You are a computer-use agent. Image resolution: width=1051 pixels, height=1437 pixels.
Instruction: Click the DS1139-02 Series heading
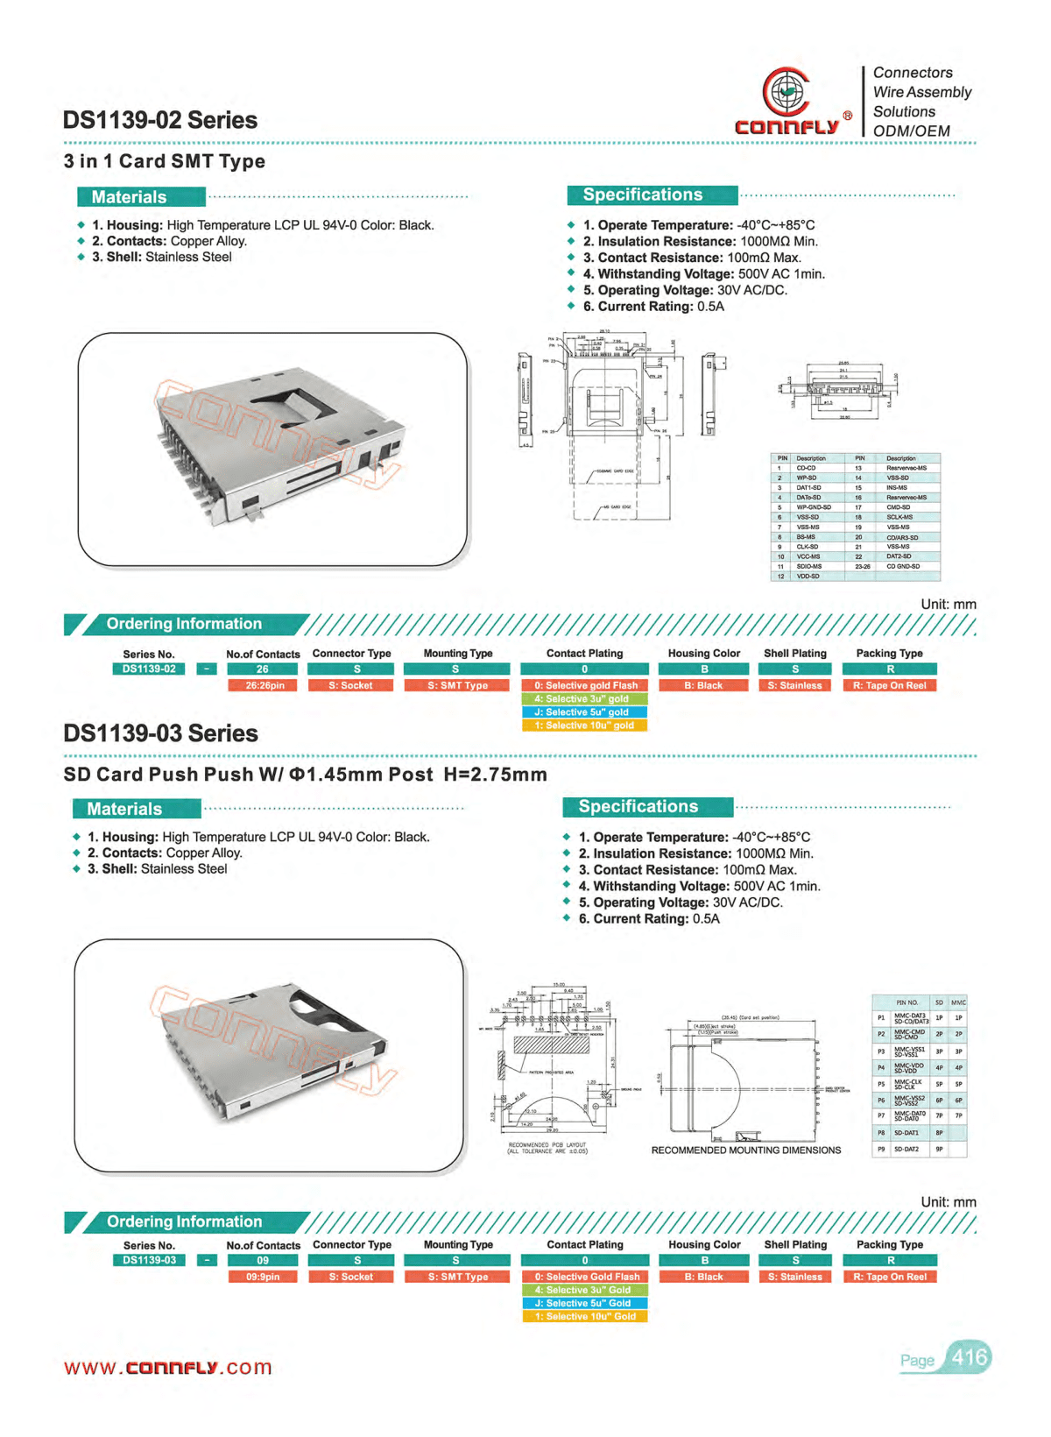coord(160,120)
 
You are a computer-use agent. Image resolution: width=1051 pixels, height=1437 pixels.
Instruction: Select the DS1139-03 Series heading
coord(160,733)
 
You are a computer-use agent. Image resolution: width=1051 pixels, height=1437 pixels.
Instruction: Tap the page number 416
coord(969,1357)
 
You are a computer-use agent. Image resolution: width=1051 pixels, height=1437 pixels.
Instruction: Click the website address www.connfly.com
coord(168,1367)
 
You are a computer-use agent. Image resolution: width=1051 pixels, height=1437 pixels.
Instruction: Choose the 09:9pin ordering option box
coord(263,1277)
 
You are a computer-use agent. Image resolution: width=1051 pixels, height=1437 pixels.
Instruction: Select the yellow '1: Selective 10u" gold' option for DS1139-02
coord(584,726)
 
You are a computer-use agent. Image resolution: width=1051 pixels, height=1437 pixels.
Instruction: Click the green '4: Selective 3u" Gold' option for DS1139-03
coord(584,1290)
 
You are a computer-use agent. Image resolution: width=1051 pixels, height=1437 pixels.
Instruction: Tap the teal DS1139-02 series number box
coord(149,669)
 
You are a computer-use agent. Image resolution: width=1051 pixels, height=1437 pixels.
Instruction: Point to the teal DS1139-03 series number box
coord(149,1261)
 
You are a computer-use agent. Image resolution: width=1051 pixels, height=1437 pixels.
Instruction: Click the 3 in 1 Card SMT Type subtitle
coord(165,161)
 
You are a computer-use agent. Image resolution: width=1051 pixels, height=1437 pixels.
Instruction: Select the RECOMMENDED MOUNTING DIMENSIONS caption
coord(745,1150)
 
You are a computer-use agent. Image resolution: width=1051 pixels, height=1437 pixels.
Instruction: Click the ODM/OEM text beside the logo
coord(911,131)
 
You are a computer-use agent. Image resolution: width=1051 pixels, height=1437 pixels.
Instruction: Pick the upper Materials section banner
coord(141,197)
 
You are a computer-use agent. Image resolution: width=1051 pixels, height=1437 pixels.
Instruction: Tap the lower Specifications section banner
coord(647,807)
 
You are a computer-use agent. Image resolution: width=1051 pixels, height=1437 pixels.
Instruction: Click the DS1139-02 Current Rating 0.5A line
coord(653,307)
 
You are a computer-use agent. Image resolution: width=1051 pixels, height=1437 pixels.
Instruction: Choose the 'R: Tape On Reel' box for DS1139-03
coord(889,1277)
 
